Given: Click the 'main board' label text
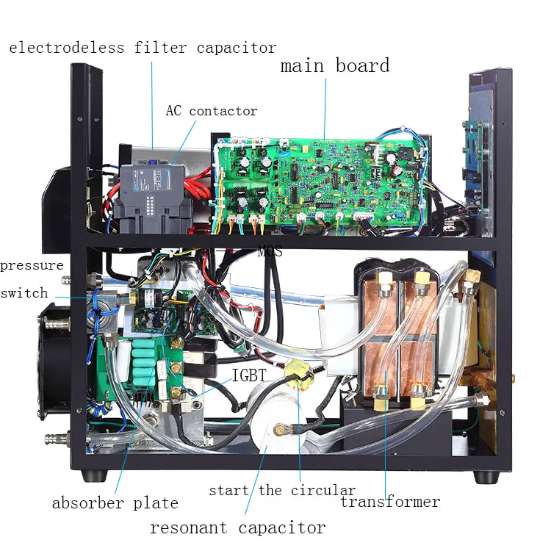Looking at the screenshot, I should click(335, 65).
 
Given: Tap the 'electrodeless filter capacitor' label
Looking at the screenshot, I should click(143, 48).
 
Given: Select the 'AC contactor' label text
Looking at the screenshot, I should click(211, 111).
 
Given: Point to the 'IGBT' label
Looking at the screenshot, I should click(249, 375).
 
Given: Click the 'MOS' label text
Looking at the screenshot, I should click(270, 251).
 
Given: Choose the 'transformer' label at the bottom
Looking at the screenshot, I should click(390, 502).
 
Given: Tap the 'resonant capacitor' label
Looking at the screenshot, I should click(237, 527).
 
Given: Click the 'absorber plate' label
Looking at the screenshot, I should click(115, 503).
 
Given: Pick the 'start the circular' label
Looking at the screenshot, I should click(282, 490).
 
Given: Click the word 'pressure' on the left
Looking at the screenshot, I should click(32, 265).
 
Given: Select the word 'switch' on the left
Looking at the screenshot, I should click(24, 292).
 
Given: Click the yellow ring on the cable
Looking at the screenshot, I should click(300, 374).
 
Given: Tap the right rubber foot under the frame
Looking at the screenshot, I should click(483, 476).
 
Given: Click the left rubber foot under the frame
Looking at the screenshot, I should click(92, 476).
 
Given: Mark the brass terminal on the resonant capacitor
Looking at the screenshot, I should click(279, 431).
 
